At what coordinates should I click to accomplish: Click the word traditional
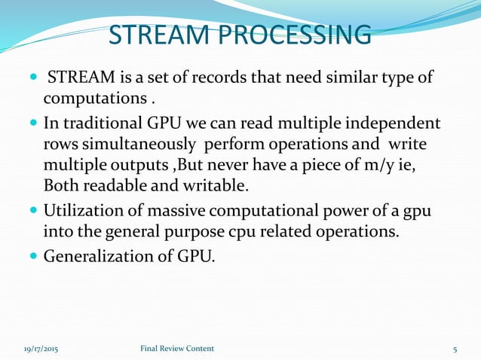pos(103,123)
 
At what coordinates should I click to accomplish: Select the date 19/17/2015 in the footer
pos(38,349)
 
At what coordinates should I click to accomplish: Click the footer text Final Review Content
pos(177,349)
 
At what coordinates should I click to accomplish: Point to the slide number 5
pos(455,349)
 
